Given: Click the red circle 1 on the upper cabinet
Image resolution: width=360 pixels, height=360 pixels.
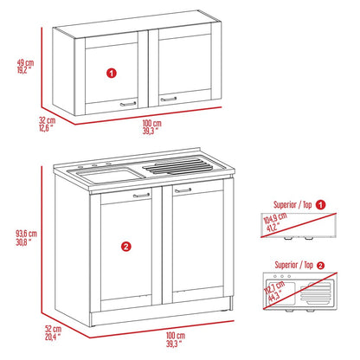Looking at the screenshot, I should tap(110, 74).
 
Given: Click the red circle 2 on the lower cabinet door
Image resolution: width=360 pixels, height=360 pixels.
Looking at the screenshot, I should tap(126, 247).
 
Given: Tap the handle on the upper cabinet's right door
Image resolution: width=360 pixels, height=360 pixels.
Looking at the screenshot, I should tap(170, 100).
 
